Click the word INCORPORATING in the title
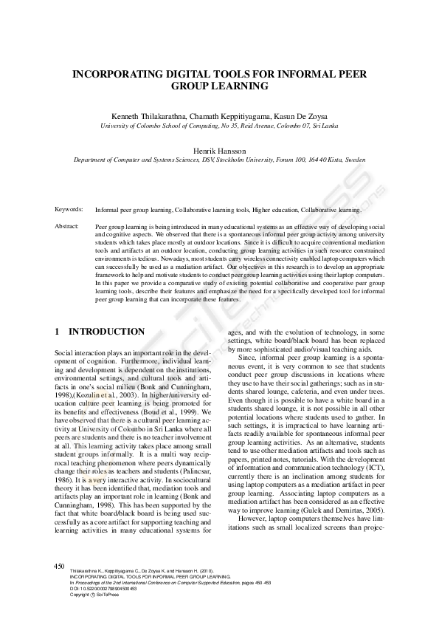[121, 74]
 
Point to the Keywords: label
[69, 210]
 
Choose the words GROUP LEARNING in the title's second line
[219, 86]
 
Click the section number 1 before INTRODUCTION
[58, 332]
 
